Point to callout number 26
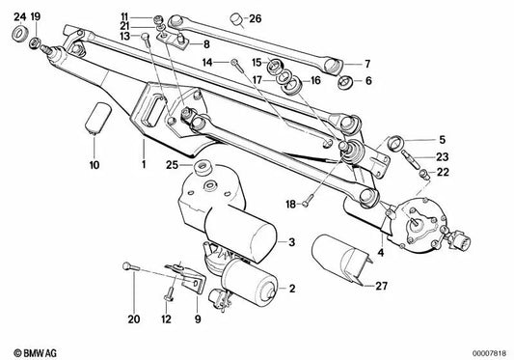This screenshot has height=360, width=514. [255, 18]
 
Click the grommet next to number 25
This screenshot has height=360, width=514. [203, 172]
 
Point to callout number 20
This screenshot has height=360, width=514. [133, 317]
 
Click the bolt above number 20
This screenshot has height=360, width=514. [127, 269]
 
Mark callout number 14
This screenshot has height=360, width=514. [208, 63]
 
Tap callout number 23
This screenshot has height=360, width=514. [441, 156]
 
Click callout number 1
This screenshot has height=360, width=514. [144, 167]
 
